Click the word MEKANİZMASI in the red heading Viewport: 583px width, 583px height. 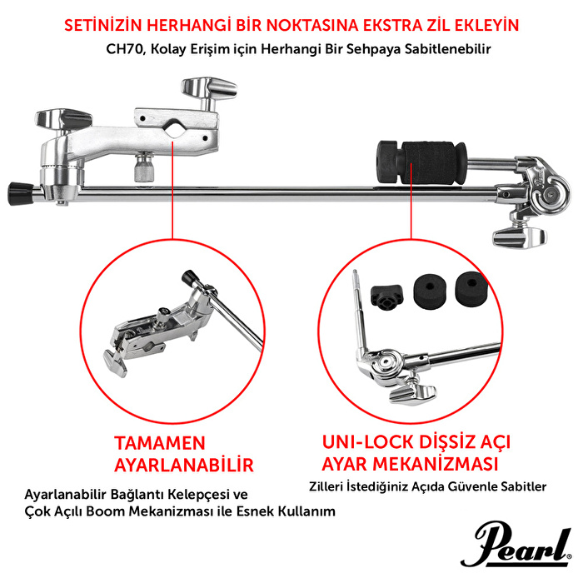tap(449, 462)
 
